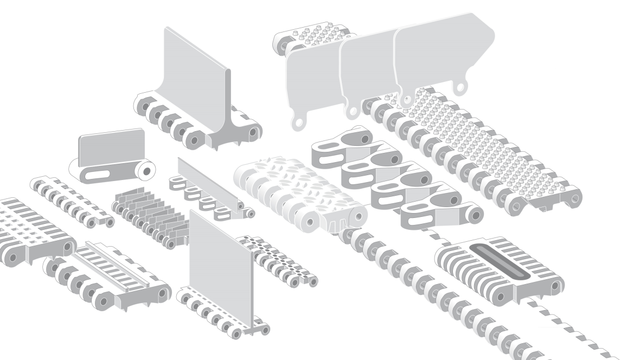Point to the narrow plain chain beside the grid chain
71,201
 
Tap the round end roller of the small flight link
145,171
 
